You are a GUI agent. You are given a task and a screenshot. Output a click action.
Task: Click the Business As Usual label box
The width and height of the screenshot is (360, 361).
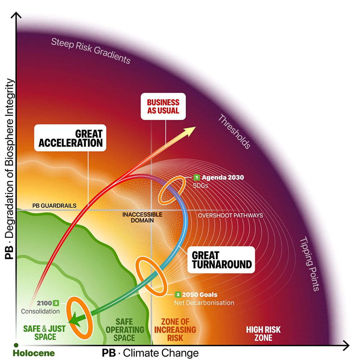[x=163, y=106]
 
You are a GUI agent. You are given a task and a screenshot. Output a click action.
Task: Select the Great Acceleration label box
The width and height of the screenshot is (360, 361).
[x=70, y=138]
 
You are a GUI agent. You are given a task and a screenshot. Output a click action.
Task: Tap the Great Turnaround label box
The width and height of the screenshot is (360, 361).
[x=221, y=260]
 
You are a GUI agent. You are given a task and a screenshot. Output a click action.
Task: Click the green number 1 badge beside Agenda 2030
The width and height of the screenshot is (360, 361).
[x=197, y=177]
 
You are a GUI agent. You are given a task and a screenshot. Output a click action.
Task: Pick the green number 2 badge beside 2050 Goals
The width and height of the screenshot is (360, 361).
[x=178, y=295]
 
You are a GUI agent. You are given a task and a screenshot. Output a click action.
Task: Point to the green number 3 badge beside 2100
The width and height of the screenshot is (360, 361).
[x=56, y=303]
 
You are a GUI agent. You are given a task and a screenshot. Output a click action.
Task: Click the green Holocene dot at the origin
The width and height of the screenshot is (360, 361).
[x=16, y=345]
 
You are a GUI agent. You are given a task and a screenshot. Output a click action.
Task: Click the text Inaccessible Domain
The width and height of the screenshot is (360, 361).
[x=142, y=217]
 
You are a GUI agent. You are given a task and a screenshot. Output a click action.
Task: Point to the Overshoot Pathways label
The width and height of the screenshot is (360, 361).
[x=230, y=215]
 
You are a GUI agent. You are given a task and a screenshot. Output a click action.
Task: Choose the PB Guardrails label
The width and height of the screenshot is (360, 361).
[x=54, y=206]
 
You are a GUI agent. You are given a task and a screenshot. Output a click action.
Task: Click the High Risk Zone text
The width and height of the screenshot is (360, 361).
[x=263, y=334]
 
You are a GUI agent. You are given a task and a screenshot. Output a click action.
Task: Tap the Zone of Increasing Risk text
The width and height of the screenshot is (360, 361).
[x=175, y=330]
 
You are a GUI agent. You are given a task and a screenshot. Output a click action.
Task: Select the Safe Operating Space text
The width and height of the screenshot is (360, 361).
[x=124, y=330]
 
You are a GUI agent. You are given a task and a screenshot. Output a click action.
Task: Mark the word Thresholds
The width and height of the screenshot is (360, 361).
[x=234, y=131]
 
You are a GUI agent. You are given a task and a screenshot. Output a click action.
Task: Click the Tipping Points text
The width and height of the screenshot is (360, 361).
[x=310, y=264]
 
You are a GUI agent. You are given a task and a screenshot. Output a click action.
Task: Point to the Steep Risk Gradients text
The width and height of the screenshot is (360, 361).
[x=91, y=51]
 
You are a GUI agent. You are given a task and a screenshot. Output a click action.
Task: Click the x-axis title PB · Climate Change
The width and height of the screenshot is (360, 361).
[x=150, y=353]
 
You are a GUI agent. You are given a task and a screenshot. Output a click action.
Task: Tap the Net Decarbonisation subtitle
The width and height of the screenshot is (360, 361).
[x=204, y=303]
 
